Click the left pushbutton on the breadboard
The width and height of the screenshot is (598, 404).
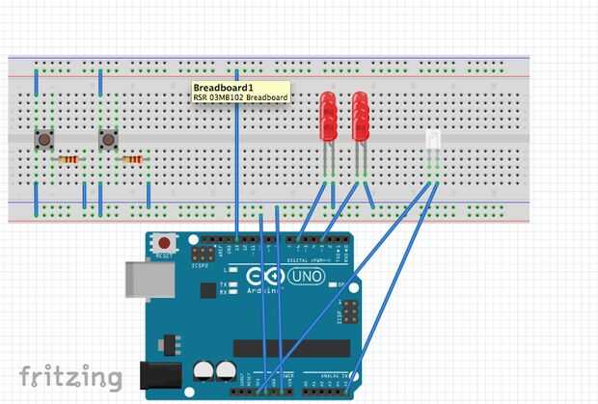click(x=44, y=141)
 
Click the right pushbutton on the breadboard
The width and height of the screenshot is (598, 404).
click(x=108, y=141)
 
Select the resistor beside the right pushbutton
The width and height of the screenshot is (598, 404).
click(x=132, y=159)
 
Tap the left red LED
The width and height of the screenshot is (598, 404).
click(x=328, y=117)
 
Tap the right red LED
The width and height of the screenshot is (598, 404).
click(x=361, y=117)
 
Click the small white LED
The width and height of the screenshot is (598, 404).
click(x=433, y=141)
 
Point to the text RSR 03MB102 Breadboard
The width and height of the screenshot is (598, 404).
click(x=241, y=98)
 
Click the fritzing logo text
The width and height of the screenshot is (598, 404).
click(x=71, y=376)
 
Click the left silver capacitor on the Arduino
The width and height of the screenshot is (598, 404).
click(x=204, y=370)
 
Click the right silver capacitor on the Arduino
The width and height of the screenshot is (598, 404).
click(x=226, y=370)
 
